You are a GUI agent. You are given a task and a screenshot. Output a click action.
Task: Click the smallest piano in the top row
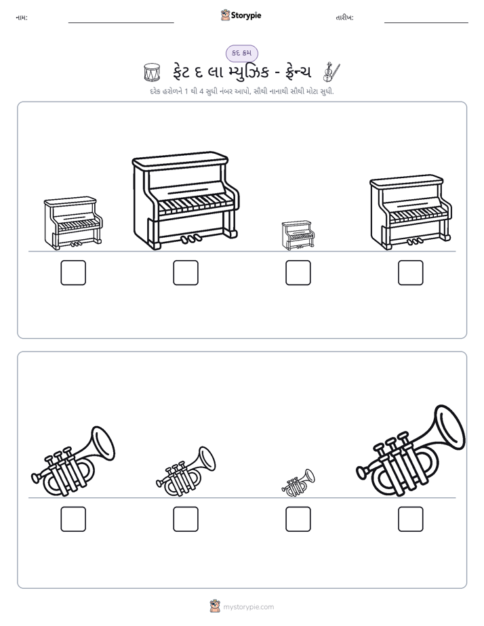298,235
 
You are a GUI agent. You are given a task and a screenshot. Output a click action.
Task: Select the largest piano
186,201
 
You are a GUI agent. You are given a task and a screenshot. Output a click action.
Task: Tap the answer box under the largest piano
186,272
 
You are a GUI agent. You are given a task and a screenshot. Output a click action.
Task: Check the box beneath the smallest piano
298,272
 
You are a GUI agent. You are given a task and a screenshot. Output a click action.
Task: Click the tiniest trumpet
298,482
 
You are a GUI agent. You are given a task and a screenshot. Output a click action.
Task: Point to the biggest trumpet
411,451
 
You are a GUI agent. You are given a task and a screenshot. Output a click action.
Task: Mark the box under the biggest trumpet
411,519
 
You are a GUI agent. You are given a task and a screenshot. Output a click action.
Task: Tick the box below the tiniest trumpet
298,519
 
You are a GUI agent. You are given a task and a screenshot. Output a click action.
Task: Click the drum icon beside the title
152,72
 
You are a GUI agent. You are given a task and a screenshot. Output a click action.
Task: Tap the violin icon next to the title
331,72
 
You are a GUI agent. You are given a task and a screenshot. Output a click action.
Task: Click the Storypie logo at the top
241,15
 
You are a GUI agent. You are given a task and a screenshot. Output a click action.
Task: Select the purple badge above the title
241,53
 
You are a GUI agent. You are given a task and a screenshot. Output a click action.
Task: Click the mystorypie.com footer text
248,607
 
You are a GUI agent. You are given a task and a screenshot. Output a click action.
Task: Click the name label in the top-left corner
22,18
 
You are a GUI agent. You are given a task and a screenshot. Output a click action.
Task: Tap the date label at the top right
344,18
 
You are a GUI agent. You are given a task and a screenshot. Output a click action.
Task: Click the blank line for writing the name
121,23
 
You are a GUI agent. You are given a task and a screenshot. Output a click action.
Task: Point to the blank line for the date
426,23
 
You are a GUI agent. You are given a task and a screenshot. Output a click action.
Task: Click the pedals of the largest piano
191,238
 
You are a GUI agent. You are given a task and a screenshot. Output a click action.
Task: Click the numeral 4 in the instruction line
202,91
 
